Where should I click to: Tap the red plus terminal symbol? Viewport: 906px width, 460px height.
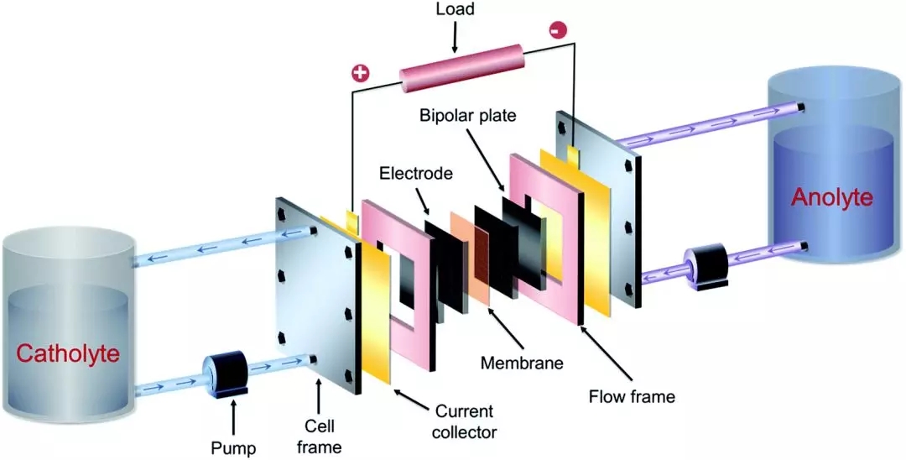coord(360,73)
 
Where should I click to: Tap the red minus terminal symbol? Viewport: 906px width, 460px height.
coord(557,30)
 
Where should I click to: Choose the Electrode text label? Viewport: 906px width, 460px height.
coord(415,174)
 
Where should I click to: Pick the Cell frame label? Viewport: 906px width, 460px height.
coord(319,437)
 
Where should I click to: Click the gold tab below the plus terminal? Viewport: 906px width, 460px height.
coord(352,221)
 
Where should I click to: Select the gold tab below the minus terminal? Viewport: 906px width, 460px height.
coord(574,154)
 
